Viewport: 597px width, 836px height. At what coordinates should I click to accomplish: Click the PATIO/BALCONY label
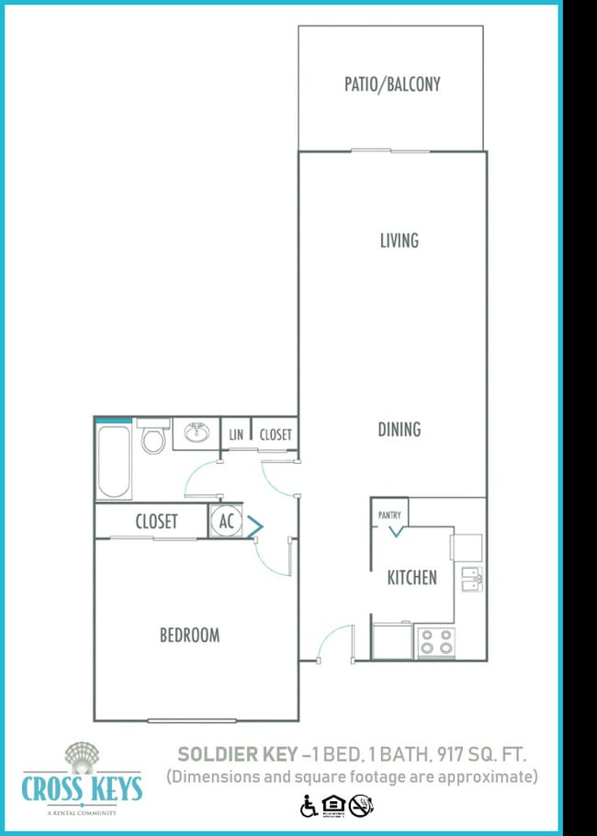[x=392, y=85]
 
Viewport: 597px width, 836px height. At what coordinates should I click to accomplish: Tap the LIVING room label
[x=399, y=241]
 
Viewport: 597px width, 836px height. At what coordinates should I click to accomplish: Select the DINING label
[x=399, y=429]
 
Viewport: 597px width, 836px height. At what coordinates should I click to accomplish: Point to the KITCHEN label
[x=411, y=578]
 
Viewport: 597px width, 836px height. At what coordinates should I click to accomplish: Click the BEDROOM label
[x=189, y=635]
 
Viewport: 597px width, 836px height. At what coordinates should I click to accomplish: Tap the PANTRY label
[x=389, y=515]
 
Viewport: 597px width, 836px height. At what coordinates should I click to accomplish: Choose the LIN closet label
[x=236, y=435]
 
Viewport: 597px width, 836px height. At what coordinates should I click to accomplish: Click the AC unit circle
[x=225, y=522]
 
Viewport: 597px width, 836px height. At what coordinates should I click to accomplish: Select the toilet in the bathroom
[x=152, y=438]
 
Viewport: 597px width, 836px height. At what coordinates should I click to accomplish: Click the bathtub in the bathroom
[x=113, y=459]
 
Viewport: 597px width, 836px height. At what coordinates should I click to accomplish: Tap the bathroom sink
[x=195, y=432]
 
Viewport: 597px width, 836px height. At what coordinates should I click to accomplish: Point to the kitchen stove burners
[x=435, y=641]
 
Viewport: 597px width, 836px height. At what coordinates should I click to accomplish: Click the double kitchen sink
[x=472, y=580]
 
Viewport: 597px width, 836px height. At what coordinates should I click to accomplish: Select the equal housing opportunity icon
[x=334, y=807]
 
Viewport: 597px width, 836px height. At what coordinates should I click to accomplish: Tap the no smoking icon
[x=362, y=807]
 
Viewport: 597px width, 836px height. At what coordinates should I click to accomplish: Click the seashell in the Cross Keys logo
[x=81, y=757]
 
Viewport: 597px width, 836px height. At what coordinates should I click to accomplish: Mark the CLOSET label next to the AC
[x=156, y=522]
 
